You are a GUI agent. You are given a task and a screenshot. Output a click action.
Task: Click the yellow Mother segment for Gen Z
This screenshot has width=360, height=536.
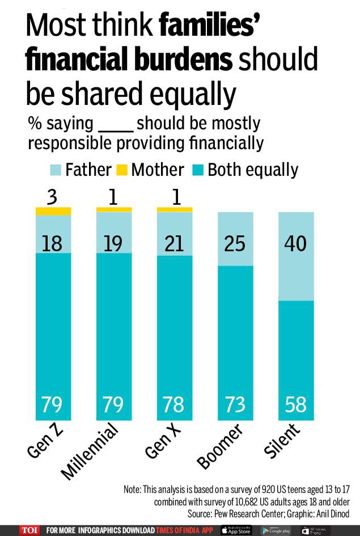point(53,211)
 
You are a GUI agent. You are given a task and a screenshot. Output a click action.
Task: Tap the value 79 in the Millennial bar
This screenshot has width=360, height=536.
point(113,405)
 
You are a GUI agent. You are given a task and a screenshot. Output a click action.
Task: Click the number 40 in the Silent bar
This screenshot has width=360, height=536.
point(295,243)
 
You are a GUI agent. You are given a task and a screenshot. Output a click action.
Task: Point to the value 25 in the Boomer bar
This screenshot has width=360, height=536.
point(235,243)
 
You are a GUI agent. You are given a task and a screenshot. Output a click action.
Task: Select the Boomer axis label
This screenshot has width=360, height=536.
point(220,448)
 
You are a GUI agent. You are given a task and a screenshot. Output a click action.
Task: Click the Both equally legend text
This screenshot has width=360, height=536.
point(253,170)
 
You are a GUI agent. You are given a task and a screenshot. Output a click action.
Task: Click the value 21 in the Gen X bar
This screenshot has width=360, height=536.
point(174,243)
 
